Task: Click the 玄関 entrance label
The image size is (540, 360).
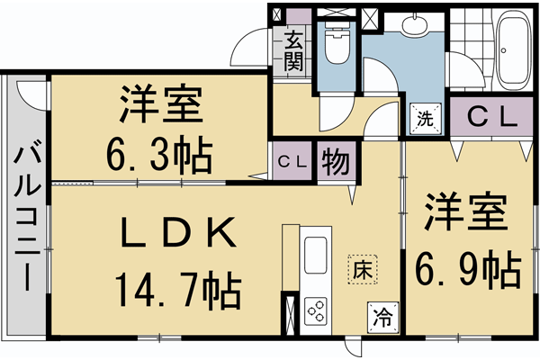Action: click(x=294, y=50)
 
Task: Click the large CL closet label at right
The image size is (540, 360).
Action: click(x=491, y=115)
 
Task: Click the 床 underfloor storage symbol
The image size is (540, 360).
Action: click(x=362, y=267)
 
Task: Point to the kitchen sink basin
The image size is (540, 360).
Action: click(x=318, y=256)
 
